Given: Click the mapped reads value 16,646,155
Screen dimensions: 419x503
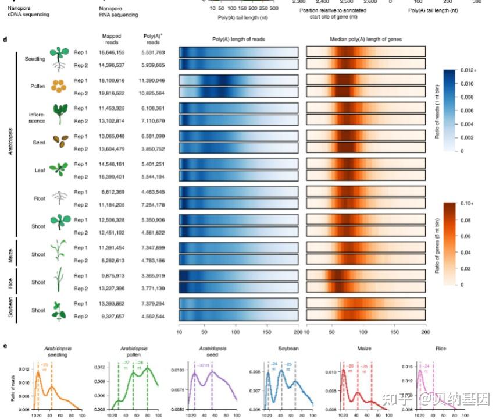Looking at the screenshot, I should [x=112, y=52].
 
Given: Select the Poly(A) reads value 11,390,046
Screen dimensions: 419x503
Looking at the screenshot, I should [x=153, y=80].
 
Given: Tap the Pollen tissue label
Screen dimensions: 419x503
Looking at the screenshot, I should [x=38, y=86].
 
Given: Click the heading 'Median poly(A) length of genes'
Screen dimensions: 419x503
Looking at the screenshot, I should [x=366, y=39].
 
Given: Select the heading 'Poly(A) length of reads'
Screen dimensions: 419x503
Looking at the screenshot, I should [x=238, y=39].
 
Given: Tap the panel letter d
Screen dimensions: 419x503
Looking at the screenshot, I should [x=5, y=40].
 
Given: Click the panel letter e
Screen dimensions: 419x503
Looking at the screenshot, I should [x=5, y=345].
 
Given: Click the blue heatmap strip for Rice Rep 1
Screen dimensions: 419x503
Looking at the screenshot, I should [x=238, y=276].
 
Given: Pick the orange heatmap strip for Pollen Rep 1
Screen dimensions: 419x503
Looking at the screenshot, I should [x=366, y=80].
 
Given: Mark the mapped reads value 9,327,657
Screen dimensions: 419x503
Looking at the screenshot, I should [x=112, y=315].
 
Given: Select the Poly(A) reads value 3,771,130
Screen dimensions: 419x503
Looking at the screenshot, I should [x=153, y=287].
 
